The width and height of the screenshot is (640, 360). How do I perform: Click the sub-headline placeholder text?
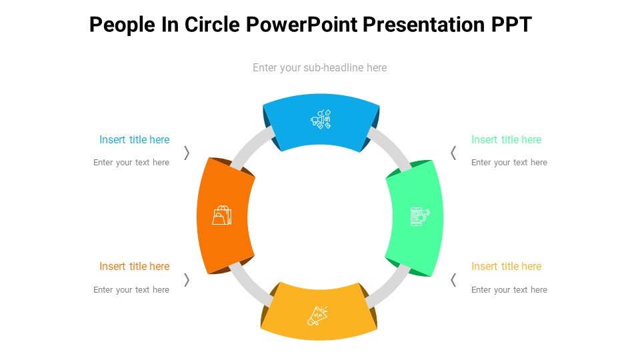coord(319,67)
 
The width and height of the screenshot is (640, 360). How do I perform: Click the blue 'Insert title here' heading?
coord(134,139)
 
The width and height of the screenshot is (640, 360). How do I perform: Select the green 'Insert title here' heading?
coord(506,139)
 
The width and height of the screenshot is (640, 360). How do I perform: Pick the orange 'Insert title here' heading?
coord(134,266)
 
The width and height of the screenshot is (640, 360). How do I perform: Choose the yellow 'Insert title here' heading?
coord(506,266)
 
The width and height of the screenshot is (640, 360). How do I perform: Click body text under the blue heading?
coord(131,163)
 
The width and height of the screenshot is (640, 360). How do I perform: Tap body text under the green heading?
coord(509,163)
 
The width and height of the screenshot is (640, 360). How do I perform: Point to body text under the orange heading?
coord(131,289)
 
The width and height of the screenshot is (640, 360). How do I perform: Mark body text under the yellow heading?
coord(509,289)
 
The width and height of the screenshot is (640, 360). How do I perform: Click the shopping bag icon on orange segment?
coord(222,215)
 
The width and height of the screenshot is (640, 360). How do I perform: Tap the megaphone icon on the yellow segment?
coord(317,315)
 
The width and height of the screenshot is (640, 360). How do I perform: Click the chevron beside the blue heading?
coord(187,153)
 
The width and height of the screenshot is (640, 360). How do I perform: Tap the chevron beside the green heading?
coord(453,153)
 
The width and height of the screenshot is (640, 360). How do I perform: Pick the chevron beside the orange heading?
coord(187,279)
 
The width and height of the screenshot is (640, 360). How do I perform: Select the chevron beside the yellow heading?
coord(453,279)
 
